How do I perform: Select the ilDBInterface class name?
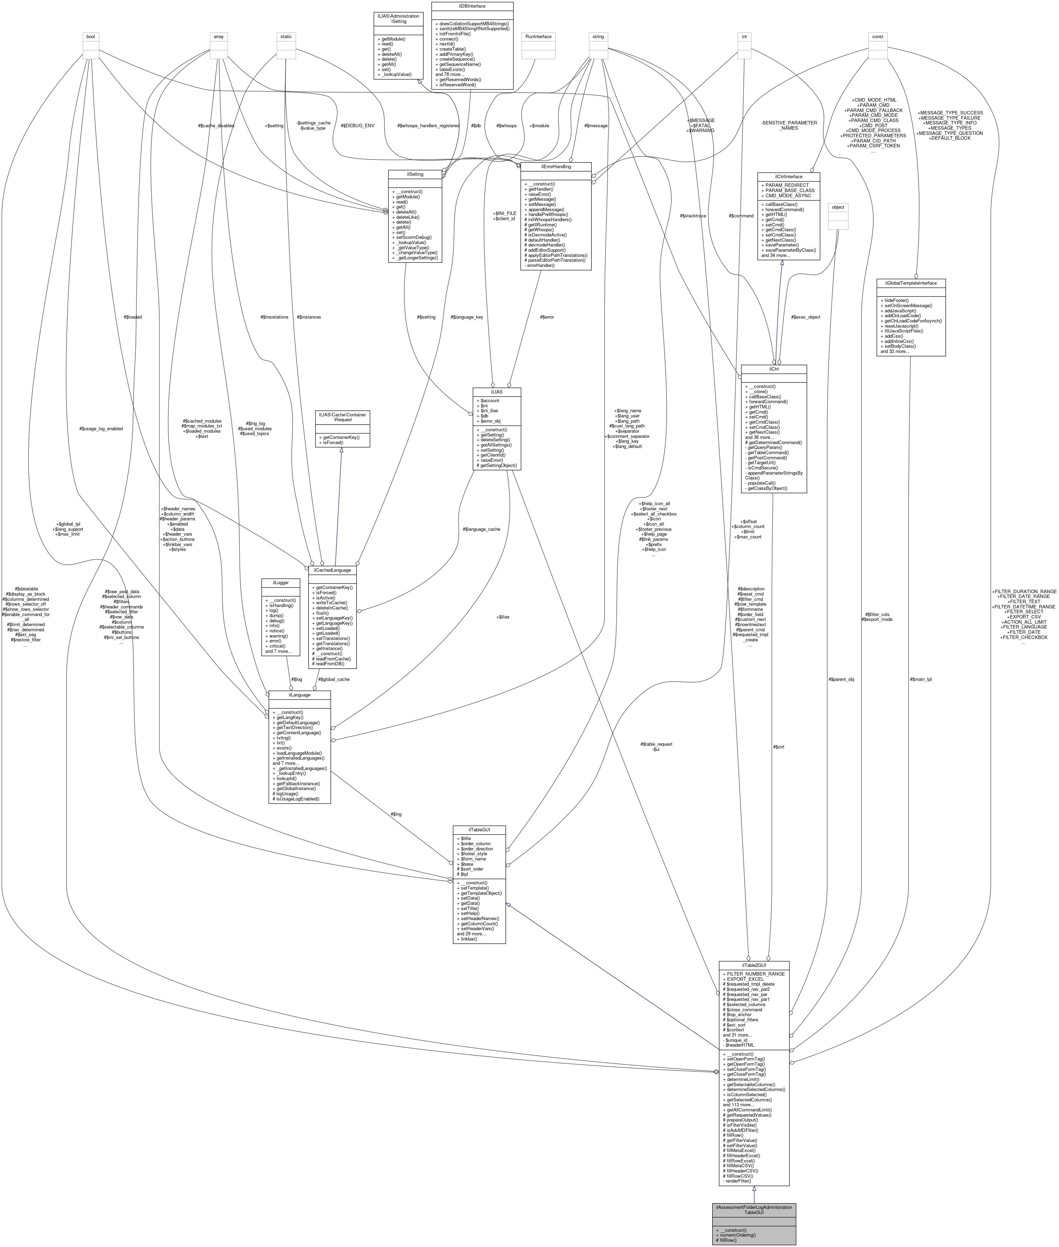[472, 6]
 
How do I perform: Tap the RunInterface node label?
[538, 37]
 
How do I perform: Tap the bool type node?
[91, 37]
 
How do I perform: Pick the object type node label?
[838, 207]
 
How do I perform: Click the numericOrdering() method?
[739, 1235]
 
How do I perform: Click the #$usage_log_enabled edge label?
[101, 428]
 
